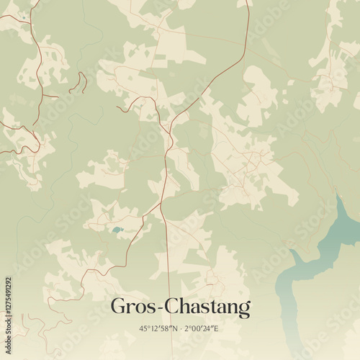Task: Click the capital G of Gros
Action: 118,307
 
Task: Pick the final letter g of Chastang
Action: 245,310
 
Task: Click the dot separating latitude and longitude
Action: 182,328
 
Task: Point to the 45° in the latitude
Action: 143,328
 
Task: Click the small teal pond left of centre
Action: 117,230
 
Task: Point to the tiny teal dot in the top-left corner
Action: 24,17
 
